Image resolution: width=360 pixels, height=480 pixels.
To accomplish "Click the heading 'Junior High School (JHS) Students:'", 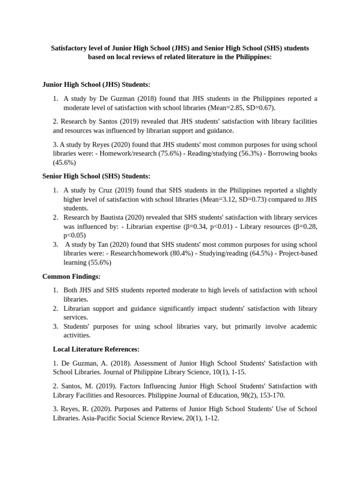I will click(96, 84).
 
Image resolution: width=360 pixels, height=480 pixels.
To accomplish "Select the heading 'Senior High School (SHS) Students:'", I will click(96, 176).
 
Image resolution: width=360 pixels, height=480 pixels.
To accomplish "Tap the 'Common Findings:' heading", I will click(71, 277).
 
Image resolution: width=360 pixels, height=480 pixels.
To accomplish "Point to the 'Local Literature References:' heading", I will click(96, 349).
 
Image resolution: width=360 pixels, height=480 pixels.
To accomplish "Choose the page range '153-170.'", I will click(272, 395).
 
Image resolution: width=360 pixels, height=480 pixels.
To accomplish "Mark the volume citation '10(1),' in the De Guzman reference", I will click(199, 372).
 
